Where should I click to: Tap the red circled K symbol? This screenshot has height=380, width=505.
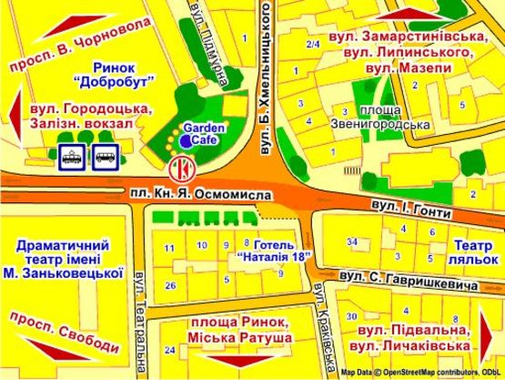[181, 169]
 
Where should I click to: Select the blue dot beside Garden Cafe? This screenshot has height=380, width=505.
[186, 142]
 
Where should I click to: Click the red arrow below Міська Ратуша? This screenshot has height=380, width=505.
[241, 364]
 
